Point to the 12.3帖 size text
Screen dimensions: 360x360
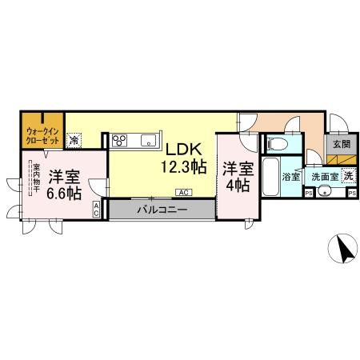pyautogui.click(x=185, y=167)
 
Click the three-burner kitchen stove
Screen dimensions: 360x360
pyautogui.click(x=121, y=141)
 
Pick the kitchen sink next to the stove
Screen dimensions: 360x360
pyautogui.click(x=149, y=141)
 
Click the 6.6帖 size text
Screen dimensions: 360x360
pyautogui.click(x=63, y=194)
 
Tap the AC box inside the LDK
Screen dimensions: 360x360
pyautogui.click(x=184, y=192)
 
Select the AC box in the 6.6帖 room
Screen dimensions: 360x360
pyautogui.click(x=97, y=210)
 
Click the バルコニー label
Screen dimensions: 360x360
pyautogui.click(x=160, y=210)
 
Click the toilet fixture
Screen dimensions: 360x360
pyautogui.click(x=278, y=145)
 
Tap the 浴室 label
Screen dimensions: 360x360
pyautogui.click(x=292, y=176)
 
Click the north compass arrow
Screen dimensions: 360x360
pyautogui.click(x=345, y=250)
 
